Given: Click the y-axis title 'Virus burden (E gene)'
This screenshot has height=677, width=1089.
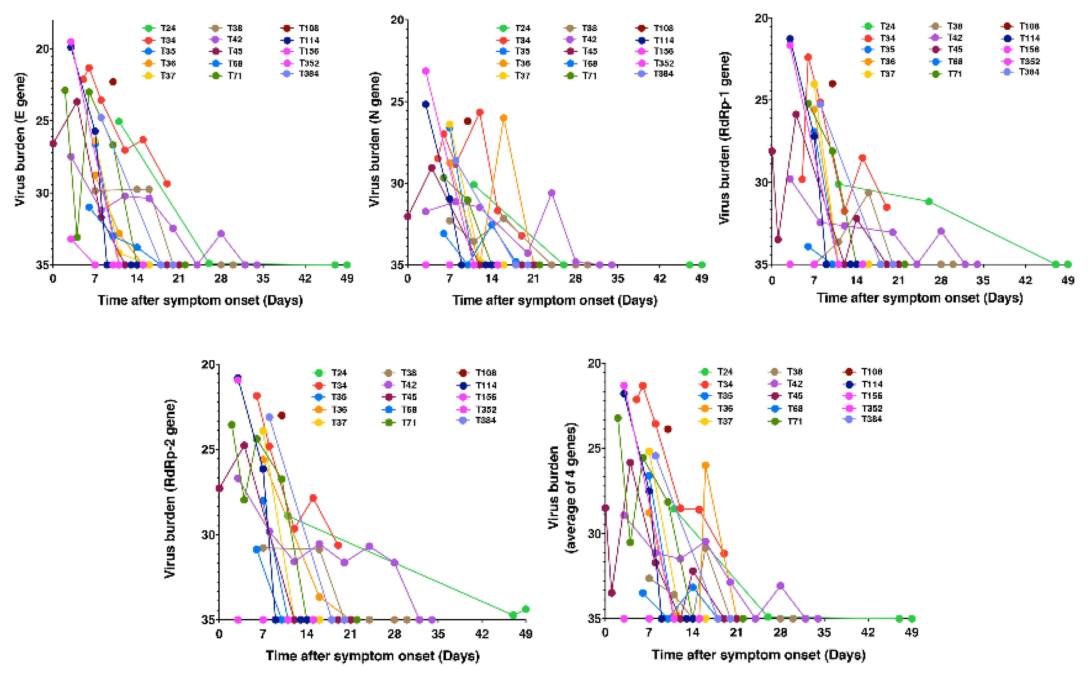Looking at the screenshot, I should (x=20, y=139).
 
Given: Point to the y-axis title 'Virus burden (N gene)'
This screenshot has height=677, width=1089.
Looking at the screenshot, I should (x=375, y=139).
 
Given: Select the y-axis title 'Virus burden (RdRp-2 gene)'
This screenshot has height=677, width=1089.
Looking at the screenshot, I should (x=170, y=488).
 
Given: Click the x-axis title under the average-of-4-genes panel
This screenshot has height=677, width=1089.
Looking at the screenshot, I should (x=758, y=655).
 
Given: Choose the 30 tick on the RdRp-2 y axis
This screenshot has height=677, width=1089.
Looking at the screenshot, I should (x=208, y=535).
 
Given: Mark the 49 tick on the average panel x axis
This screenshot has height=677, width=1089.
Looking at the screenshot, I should (x=912, y=632).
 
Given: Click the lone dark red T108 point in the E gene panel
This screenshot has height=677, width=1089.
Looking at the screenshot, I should (x=113, y=81).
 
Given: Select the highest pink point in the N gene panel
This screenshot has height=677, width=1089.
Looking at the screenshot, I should (x=426, y=71).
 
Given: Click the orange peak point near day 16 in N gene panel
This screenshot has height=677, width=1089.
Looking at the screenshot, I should (x=504, y=118).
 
